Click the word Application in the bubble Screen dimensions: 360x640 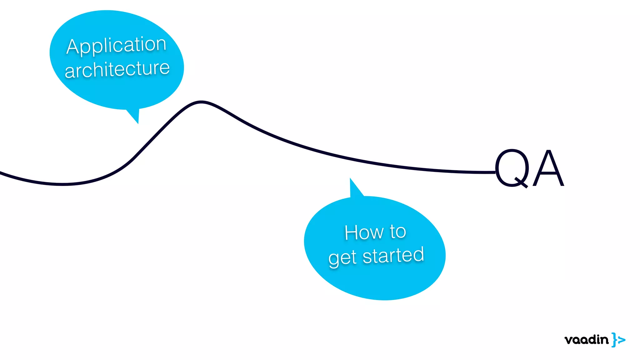(116, 45)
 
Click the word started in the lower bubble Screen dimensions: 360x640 (393, 256)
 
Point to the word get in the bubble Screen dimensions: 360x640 (342, 258)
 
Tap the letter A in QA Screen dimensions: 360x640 (548, 169)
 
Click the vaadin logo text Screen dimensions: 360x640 (586, 340)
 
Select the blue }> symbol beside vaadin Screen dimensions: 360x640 (618, 340)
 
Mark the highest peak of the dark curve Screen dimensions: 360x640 (201, 102)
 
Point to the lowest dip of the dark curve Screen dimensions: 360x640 (62, 184)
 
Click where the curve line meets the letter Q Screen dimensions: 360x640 (495, 172)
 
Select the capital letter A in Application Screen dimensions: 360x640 (72, 47)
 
